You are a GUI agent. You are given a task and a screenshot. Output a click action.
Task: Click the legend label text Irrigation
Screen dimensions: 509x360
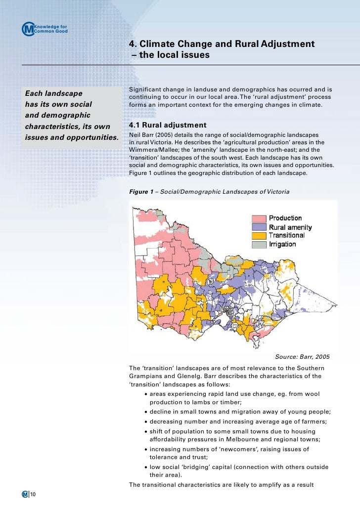[x=282, y=244]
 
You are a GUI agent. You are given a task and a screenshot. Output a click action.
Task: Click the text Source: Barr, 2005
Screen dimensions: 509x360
[x=302, y=357]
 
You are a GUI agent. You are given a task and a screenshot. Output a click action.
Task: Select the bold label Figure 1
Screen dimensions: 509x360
[x=141, y=191]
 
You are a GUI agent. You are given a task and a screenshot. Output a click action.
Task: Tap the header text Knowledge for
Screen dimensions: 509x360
[x=51, y=26]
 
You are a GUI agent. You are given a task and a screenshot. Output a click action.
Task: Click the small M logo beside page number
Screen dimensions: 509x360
[x=25, y=495]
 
